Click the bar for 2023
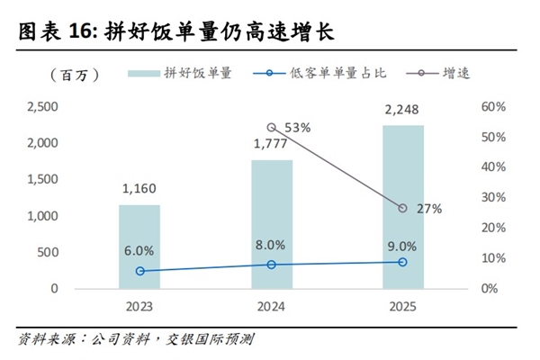[x=139, y=247]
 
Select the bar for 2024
[x=271, y=224]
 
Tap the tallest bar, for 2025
[x=402, y=207]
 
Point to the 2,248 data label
[x=402, y=111]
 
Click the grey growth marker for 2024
[x=272, y=128]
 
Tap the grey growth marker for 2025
[x=402, y=208]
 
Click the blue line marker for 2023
[x=139, y=271]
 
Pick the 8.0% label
[x=271, y=245]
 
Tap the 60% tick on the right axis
[x=494, y=107]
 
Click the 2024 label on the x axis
[x=271, y=307]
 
